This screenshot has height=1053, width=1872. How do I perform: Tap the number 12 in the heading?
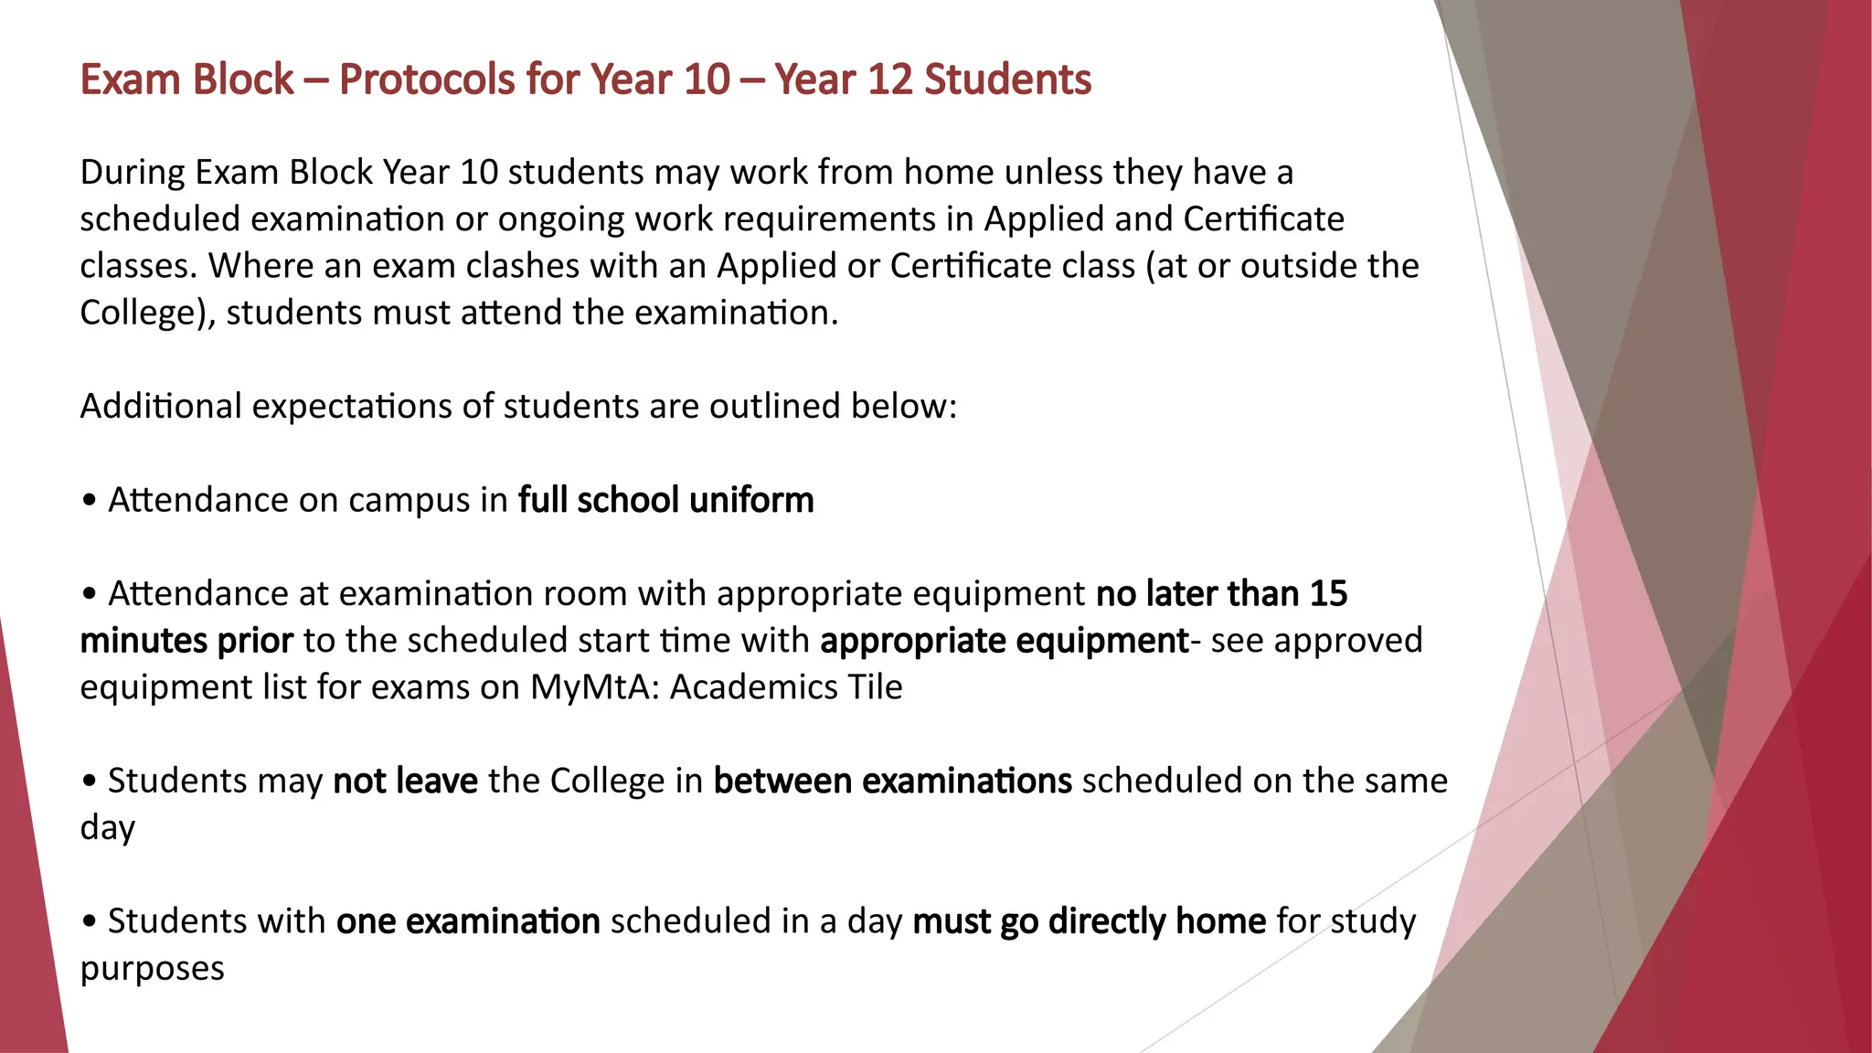(x=889, y=80)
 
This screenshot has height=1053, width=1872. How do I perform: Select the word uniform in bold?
(x=751, y=500)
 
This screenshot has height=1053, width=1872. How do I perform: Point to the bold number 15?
(x=1328, y=594)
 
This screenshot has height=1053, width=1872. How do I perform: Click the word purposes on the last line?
(x=152, y=969)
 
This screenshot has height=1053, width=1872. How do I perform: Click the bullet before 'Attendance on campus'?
(x=89, y=501)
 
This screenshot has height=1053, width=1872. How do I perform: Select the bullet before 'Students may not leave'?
(x=89, y=782)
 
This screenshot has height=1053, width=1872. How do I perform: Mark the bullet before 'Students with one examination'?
(x=89, y=921)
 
